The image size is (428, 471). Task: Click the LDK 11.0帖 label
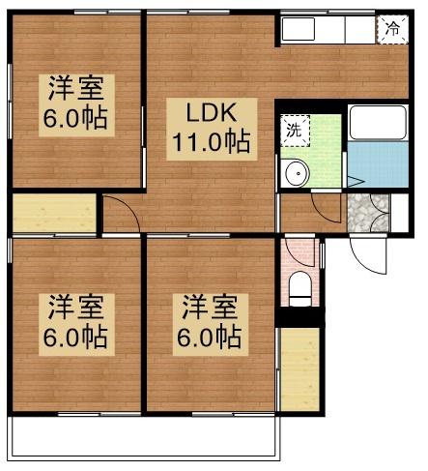click(211, 127)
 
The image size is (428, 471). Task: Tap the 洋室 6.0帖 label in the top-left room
click(74, 104)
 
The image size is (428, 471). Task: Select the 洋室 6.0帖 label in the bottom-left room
click(74, 323)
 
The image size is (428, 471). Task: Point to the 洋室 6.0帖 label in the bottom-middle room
click(210, 323)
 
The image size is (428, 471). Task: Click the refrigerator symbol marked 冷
click(392, 29)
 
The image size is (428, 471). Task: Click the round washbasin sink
click(297, 173)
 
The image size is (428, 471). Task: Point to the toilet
click(300, 286)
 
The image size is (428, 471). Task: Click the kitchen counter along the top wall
click(328, 29)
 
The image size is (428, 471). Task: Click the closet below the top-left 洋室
click(54, 214)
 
